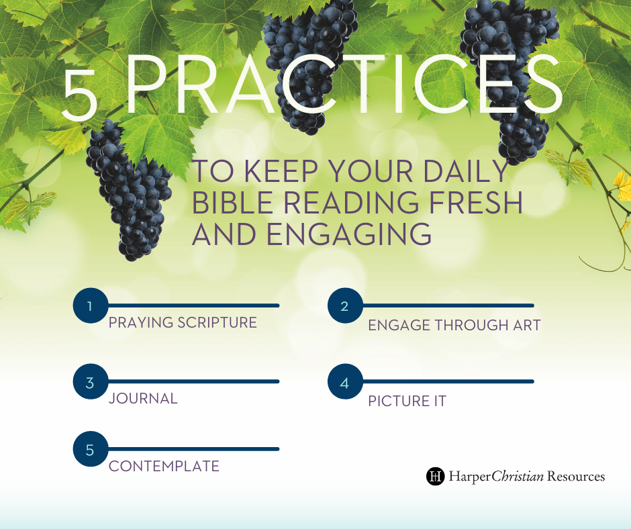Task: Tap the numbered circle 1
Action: pyautogui.click(x=91, y=305)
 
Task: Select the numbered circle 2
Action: pyautogui.click(x=345, y=305)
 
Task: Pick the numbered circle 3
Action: pyautogui.click(x=91, y=382)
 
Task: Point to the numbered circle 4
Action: pyautogui.click(x=345, y=382)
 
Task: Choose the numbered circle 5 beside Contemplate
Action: pyautogui.click(x=91, y=449)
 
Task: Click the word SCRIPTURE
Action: pyautogui.click(x=217, y=322)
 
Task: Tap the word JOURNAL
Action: pyautogui.click(x=143, y=399)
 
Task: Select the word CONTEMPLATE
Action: pyautogui.click(x=164, y=466)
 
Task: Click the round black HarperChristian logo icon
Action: pyautogui.click(x=436, y=476)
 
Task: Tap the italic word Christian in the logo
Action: pyautogui.click(x=518, y=476)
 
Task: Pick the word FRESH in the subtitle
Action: pyautogui.click(x=476, y=202)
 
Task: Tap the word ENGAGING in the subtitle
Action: pyautogui.click(x=349, y=234)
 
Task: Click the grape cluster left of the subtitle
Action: pyautogui.click(x=129, y=189)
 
